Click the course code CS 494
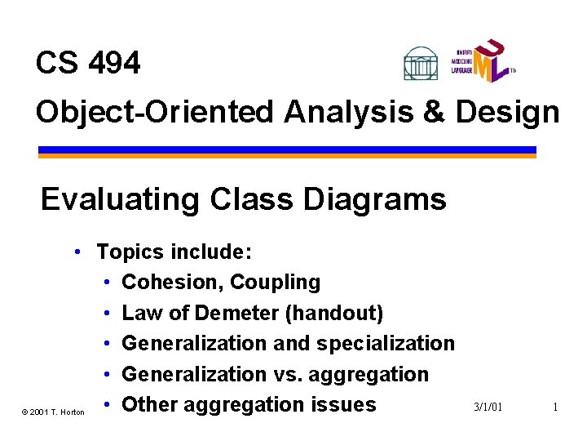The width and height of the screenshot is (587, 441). tap(88, 63)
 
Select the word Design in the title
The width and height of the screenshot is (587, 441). tap(507, 112)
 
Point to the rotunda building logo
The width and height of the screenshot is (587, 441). tap(421, 63)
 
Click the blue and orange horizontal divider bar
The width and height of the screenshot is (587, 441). tap(287, 152)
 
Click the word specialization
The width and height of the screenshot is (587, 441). tap(386, 343)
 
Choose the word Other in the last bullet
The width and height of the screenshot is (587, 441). tap(149, 404)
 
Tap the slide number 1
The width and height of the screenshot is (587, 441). tap(554, 407)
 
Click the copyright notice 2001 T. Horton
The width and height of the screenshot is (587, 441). tap(54, 412)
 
